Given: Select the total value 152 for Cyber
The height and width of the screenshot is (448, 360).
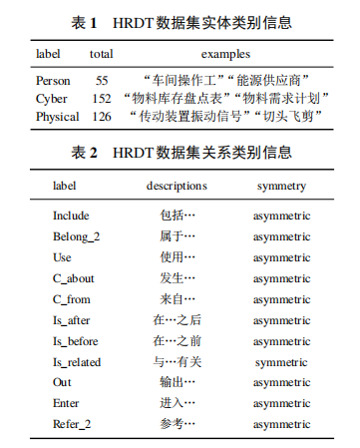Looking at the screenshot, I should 101,98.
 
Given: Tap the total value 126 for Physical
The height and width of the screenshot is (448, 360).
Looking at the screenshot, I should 101,116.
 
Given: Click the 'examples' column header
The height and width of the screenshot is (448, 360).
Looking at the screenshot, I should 225,54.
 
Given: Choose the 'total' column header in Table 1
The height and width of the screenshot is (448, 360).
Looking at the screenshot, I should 101,54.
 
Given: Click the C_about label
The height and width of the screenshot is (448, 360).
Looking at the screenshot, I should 74,278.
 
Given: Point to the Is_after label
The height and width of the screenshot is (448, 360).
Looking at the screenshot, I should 72,320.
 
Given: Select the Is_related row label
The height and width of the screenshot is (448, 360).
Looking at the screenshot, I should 77,362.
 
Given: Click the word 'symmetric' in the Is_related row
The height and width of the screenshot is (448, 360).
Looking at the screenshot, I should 281,362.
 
